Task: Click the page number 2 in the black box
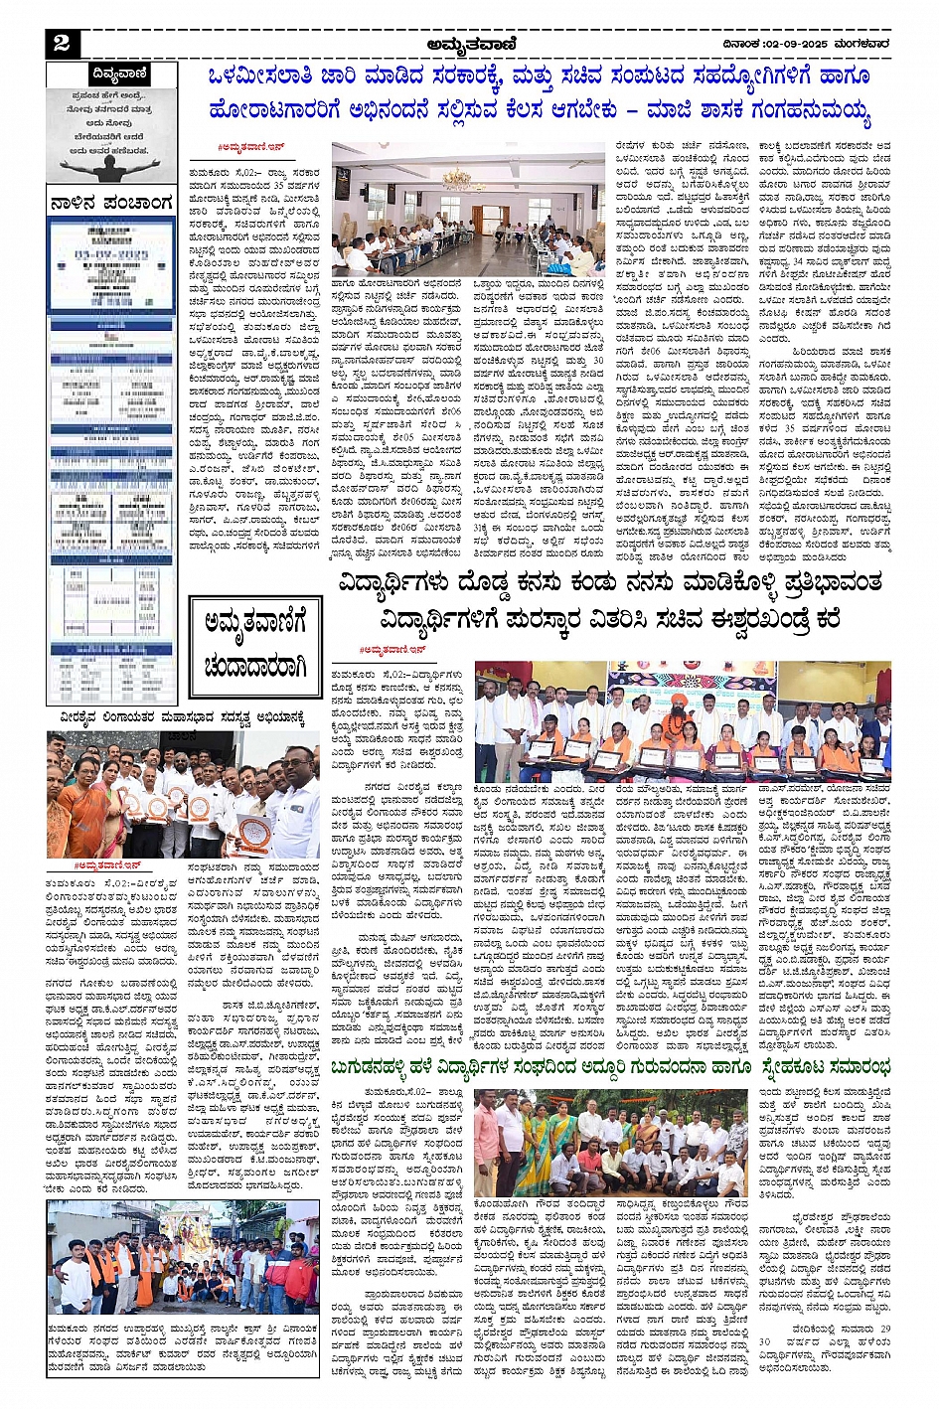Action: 62,42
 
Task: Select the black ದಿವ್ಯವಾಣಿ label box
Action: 119,74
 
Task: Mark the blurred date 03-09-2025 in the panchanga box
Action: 111,255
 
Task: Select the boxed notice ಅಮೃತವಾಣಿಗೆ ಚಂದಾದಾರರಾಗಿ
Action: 254,647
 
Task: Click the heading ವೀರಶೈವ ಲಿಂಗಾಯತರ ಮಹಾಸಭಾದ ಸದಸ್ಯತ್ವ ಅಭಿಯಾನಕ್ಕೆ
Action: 182,717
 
